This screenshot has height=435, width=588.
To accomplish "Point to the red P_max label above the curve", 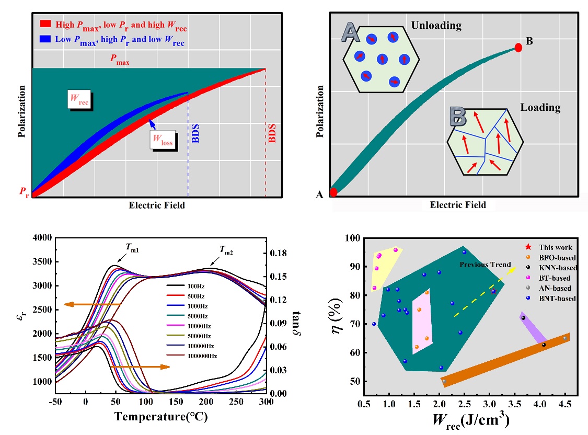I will click(x=120, y=60).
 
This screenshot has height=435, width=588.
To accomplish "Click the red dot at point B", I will click(x=518, y=48).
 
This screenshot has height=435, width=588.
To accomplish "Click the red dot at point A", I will click(x=333, y=192).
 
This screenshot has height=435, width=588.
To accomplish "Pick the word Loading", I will click(x=540, y=108).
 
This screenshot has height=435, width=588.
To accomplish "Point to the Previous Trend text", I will click(x=485, y=265).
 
